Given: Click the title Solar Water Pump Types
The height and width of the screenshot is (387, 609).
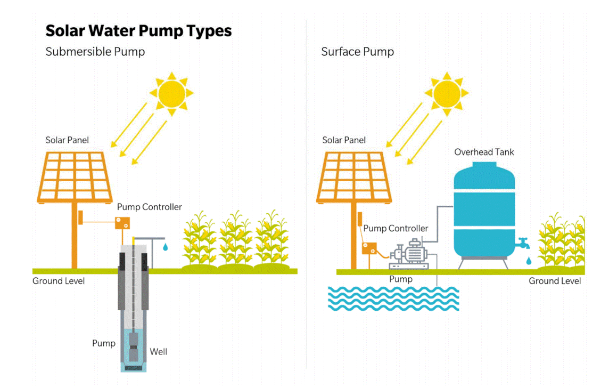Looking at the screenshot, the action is (138, 31).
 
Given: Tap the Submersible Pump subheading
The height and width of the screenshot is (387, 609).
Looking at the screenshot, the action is (95, 52).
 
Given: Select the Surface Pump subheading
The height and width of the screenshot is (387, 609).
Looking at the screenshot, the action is (357, 52).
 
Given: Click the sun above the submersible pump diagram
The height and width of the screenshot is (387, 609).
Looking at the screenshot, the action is (171, 94).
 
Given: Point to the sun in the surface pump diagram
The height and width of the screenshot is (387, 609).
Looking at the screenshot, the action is (447, 94).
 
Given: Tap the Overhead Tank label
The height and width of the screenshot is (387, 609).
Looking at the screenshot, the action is (484, 152).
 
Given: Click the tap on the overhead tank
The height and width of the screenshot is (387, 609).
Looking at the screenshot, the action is (523, 243).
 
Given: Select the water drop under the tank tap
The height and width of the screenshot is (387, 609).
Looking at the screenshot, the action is (529, 261).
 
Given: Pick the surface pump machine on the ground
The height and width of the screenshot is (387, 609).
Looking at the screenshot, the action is (409, 254).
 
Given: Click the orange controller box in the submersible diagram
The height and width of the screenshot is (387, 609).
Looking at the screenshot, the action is (122, 223).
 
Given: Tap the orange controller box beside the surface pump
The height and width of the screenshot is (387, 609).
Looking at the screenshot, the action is (369, 248).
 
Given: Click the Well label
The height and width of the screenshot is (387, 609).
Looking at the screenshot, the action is (159, 352).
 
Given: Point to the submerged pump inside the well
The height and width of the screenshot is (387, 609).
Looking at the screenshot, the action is (133, 347).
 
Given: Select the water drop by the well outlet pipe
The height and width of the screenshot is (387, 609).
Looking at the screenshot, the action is (166, 247).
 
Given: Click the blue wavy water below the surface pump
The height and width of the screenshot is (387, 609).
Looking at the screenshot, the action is (393, 299).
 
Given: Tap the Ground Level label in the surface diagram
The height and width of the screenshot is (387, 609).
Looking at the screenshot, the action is (555, 281).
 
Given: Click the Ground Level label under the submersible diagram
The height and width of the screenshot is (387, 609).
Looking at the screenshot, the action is (58, 281).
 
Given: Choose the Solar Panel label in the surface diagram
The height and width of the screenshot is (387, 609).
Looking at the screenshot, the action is (344, 140).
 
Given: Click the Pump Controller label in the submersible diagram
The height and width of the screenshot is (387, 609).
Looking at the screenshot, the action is (149, 207).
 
